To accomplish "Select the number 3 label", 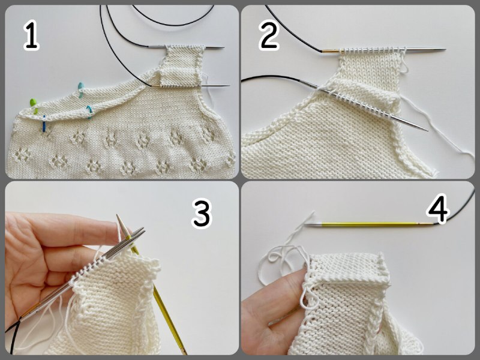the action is coord(202,213).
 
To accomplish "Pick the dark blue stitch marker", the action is coord(44,124).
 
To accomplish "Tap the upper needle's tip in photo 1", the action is coord(223,48).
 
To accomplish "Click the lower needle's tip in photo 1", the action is coord(229,85).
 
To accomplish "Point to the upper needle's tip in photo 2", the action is coord(445,49).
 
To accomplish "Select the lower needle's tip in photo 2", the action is coord(427,130).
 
